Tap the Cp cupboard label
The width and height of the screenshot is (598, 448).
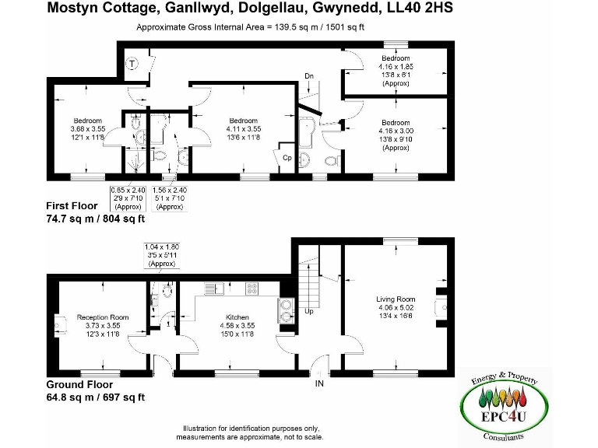coord(287,157)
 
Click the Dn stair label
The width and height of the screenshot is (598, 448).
coord(309,76)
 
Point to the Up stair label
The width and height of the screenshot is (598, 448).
coord(309,310)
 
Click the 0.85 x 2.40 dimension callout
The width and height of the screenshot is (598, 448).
coord(127,198)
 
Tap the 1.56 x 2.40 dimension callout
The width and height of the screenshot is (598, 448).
coord(169,198)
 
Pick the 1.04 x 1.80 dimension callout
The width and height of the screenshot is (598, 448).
coord(161,254)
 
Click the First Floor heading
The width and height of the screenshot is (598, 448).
coord(72,206)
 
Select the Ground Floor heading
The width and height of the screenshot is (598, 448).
coord(79,384)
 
